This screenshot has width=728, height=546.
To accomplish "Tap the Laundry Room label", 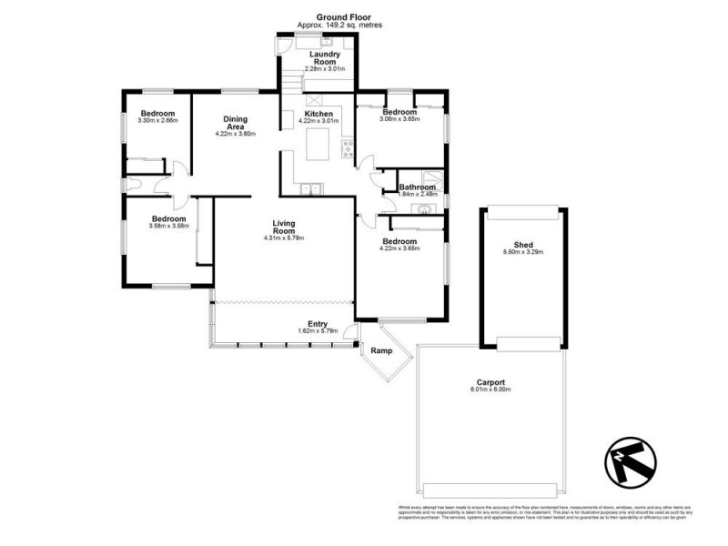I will (325, 58).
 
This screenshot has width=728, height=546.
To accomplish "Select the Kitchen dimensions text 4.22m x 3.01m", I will (318, 120).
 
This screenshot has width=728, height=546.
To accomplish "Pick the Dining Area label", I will (236, 123).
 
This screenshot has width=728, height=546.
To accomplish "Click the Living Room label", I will (284, 227).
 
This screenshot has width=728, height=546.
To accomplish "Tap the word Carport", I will (490, 382).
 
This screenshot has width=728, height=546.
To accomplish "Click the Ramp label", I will (379, 349).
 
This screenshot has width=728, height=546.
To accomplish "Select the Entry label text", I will (318, 324).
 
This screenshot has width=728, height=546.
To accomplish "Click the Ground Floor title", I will (339, 17).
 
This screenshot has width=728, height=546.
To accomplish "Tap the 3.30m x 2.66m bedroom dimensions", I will (157, 120).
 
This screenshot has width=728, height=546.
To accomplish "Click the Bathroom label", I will (418, 187).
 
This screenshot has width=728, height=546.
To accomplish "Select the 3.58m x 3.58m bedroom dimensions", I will (168, 226).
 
